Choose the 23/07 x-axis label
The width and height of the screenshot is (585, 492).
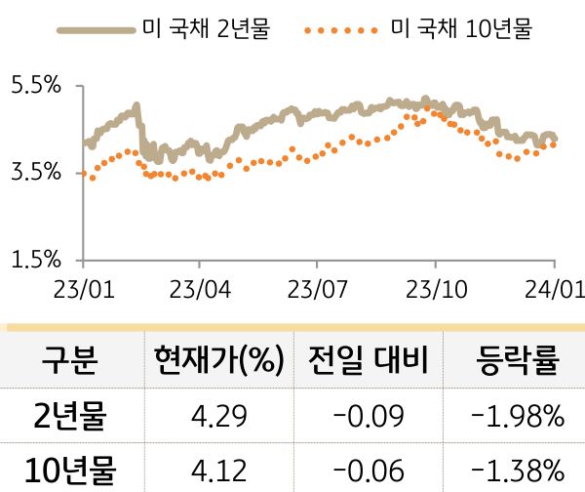pyautogui.click(x=317, y=290)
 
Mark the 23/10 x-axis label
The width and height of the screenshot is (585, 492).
pyautogui.click(x=434, y=290)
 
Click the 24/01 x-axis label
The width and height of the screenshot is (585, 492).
pyautogui.click(x=551, y=290)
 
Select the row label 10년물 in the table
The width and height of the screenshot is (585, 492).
pyautogui.click(x=69, y=469)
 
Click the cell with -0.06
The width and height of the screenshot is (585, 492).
pyautogui.click(x=368, y=470)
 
